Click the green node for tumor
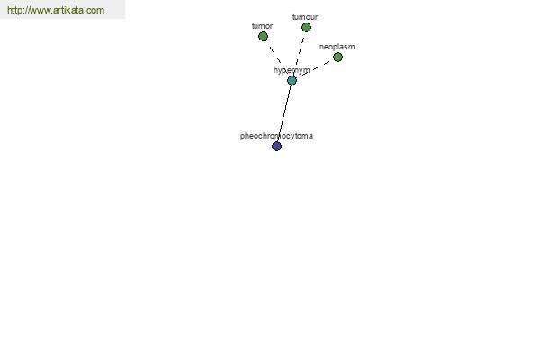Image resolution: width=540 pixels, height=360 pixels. (x=263, y=36)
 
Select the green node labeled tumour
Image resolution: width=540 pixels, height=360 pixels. (x=306, y=27)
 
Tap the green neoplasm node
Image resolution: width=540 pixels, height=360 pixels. (x=337, y=58)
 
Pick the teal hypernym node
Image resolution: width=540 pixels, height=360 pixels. (x=292, y=81)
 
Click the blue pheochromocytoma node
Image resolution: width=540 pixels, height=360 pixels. (x=277, y=147)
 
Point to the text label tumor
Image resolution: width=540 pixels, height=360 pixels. (x=263, y=26)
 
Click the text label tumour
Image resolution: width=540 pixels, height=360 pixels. (x=305, y=17)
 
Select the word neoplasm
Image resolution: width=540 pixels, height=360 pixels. (x=337, y=47)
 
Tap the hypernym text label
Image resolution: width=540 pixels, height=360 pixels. (x=292, y=70)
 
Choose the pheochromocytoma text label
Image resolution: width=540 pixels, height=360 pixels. (x=276, y=137)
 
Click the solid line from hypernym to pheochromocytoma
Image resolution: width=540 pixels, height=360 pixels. (x=284, y=113)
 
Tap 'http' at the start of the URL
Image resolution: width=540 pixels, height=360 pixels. (x=14, y=10)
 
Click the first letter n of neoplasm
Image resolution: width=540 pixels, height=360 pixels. (x=321, y=48)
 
